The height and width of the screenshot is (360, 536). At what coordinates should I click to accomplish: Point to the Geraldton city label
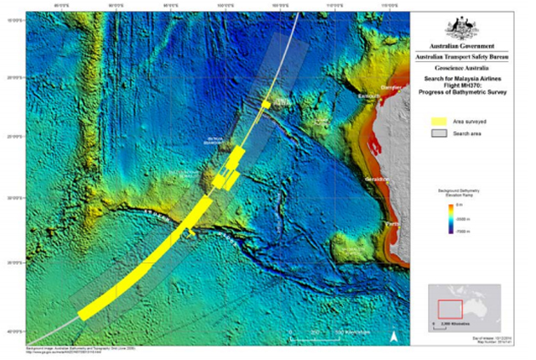click(378, 180)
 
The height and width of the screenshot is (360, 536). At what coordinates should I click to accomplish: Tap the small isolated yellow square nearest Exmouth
click(266, 104)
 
